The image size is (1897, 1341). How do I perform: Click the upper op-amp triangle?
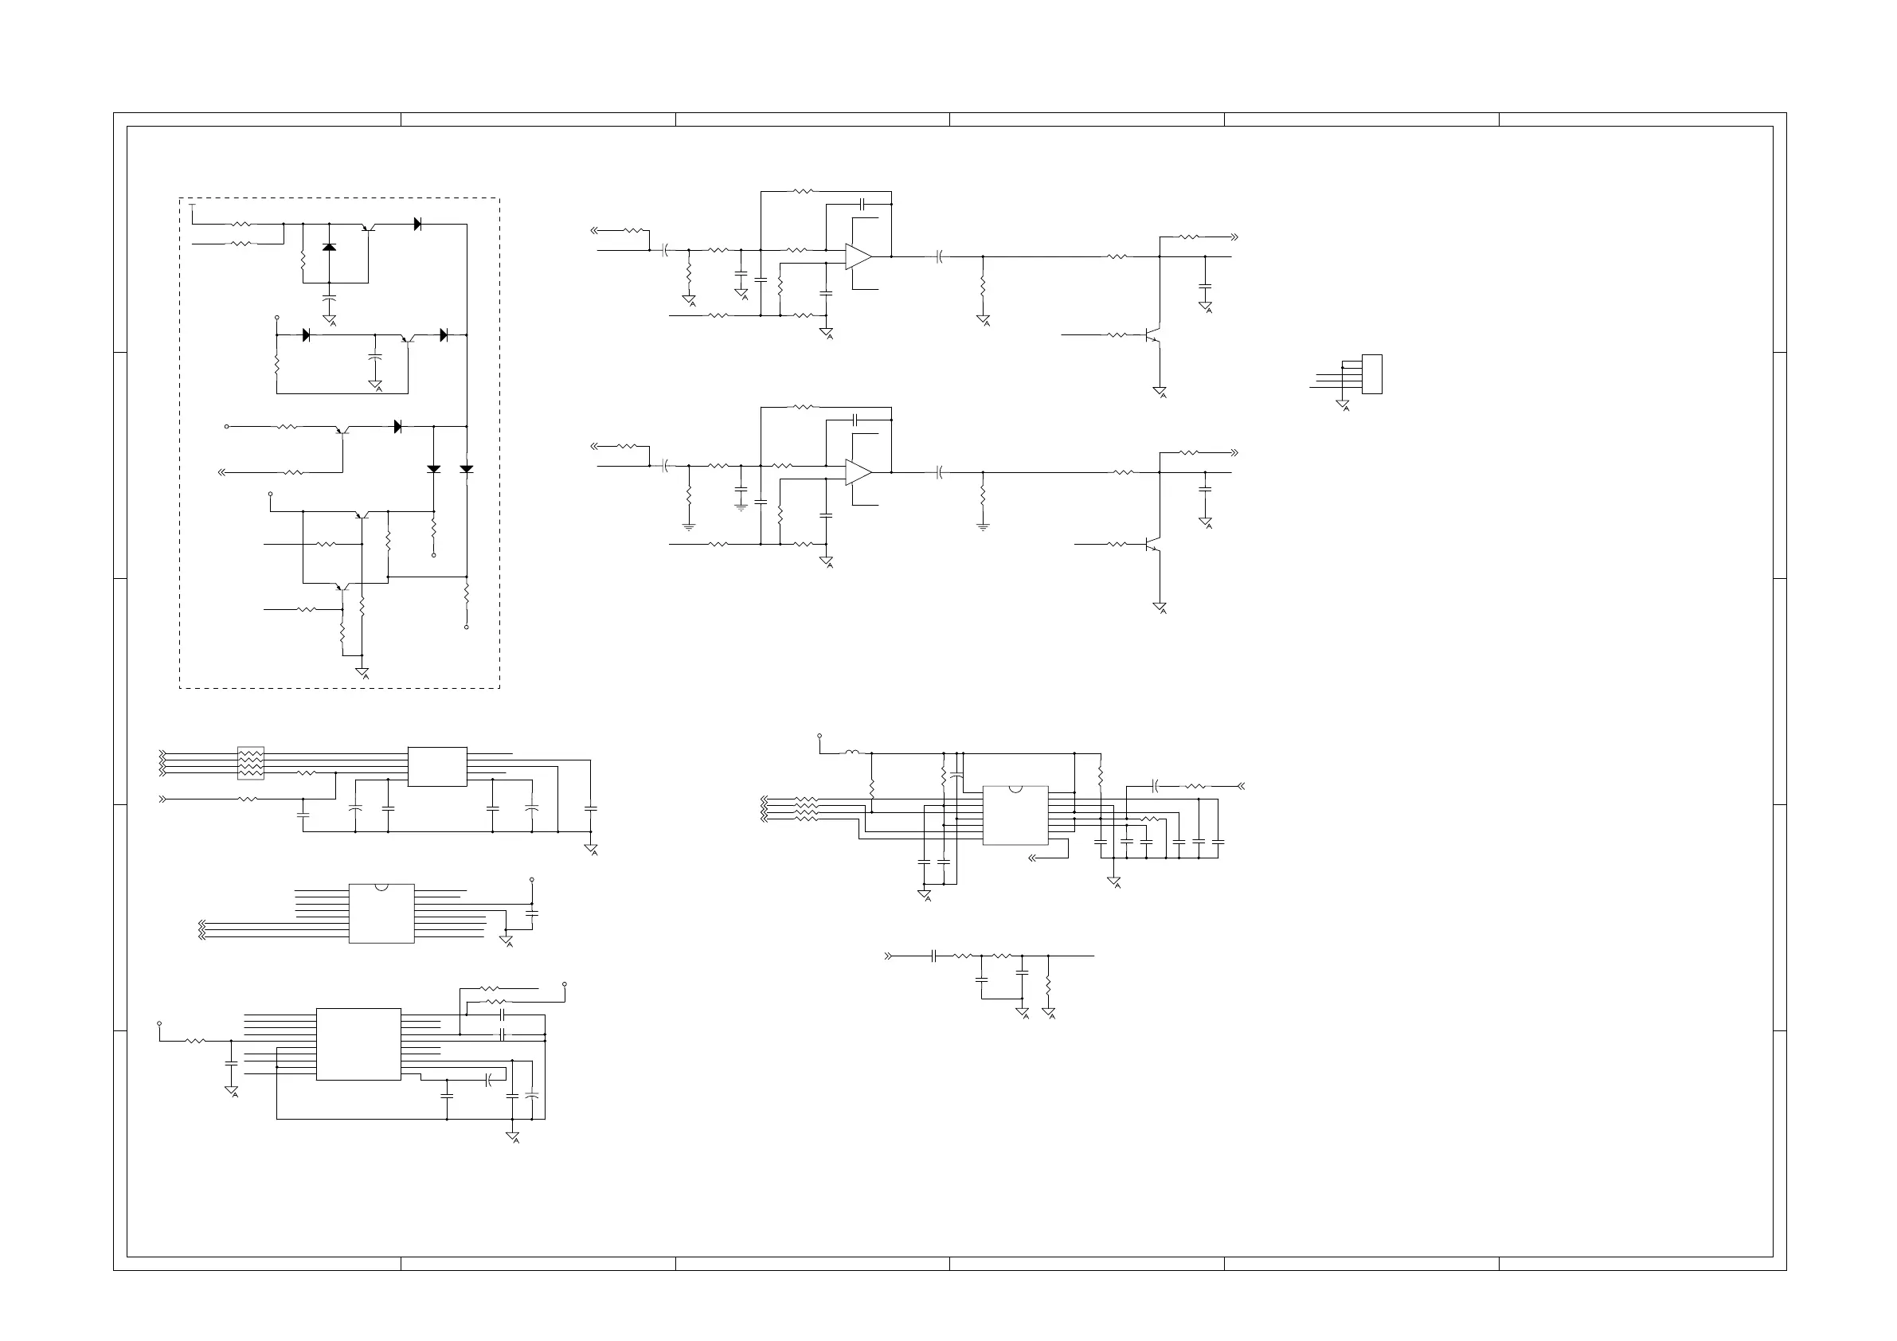pos(858,257)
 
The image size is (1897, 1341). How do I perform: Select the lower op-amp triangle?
pos(858,472)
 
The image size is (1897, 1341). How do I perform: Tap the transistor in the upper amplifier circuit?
pos(1153,335)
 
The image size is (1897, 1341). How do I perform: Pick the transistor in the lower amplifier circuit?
pos(1153,545)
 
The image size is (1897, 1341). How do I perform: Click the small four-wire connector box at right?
pos(1371,374)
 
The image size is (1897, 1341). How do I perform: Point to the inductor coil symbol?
pos(851,753)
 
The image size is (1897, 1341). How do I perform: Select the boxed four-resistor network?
pos(250,764)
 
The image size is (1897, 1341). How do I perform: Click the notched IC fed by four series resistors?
pos(1015,815)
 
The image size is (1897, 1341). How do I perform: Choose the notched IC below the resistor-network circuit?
pos(381,913)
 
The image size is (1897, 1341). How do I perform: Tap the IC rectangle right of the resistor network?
pos(437,767)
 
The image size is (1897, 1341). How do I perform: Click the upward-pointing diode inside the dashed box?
pos(329,247)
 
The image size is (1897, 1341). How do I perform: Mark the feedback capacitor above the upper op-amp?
pos(862,202)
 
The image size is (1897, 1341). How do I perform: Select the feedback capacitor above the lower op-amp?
pos(857,420)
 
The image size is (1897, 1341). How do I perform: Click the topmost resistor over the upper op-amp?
pos(803,191)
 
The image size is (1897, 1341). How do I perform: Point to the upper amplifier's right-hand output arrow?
pos(1234,237)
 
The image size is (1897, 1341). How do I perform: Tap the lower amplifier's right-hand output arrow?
pos(1234,453)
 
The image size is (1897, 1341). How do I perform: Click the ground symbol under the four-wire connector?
pos(1343,405)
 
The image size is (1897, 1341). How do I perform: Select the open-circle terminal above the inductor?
pos(819,734)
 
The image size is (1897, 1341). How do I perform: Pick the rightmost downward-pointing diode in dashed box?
pos(467,469)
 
